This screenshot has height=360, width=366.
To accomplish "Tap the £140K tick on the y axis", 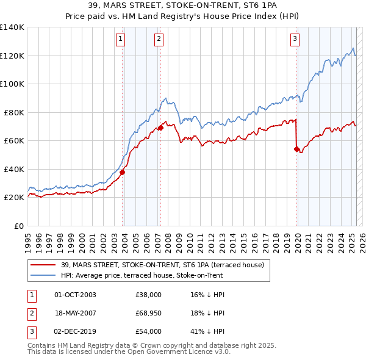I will (x=12, y=27).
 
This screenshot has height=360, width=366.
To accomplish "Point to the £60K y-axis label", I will (x=14, y=141).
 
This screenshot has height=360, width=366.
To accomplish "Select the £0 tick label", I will (x=20, y=226).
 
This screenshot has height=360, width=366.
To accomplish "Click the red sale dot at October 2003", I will (x=122, y=172).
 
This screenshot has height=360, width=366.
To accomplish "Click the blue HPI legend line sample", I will (x=44, y=275).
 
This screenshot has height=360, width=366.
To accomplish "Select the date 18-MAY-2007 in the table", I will (x=76, y=314).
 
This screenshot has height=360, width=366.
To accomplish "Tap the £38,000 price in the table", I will (x=148, y=295).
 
